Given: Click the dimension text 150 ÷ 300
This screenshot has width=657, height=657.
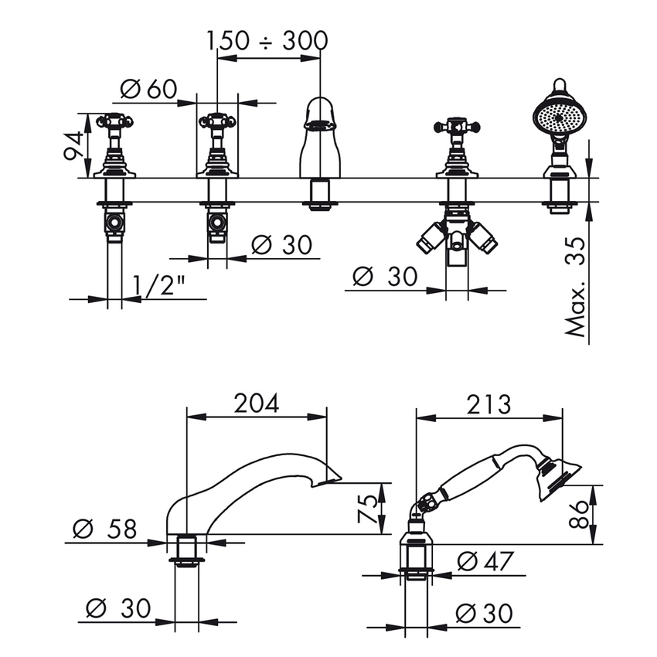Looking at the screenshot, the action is [x=267, y=41].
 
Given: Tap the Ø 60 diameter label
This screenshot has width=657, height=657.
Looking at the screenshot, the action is [x=148, y=89].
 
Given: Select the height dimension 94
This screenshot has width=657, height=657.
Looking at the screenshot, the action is [x=73, y=145].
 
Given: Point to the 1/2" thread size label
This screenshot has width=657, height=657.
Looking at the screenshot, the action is [x=159, y=285].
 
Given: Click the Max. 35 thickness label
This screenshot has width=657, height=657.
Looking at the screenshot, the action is [x=575, y=287].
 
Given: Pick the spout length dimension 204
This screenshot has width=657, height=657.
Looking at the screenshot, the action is [x=256, y=403].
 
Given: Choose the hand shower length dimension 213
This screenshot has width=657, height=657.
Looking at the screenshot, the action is [x=488, y=404].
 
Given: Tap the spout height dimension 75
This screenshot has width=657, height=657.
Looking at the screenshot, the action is [x=367, y=509].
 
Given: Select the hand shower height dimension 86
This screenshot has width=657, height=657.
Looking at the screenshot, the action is [x=580, y=514].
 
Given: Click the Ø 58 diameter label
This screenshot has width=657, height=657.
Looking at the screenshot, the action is [x=105, y=529].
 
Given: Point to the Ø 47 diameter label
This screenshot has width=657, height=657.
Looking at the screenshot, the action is [x=485, y=561].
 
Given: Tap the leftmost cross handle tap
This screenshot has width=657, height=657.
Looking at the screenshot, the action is [x=114, y=145].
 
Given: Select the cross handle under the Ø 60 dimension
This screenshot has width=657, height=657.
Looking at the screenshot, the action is [x=217, y=145].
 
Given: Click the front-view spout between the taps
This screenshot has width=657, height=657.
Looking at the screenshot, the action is [x=320, y=138].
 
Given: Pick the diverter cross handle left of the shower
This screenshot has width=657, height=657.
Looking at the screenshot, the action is [x=457, y=148].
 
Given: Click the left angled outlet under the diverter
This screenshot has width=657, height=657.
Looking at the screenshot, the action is [x=430, y=237].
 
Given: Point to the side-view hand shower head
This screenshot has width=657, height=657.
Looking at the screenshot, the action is [x=559, y=479].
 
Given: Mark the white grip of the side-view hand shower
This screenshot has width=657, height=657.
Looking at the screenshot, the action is [x=468, y=480].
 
